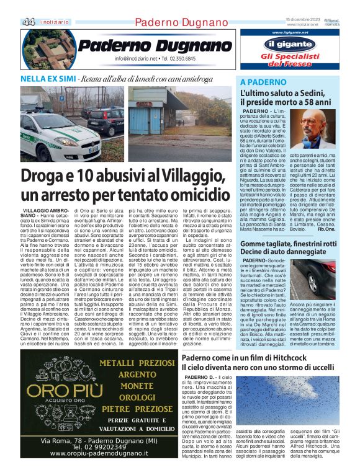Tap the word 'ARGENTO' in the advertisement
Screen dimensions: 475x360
pos(129,375)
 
